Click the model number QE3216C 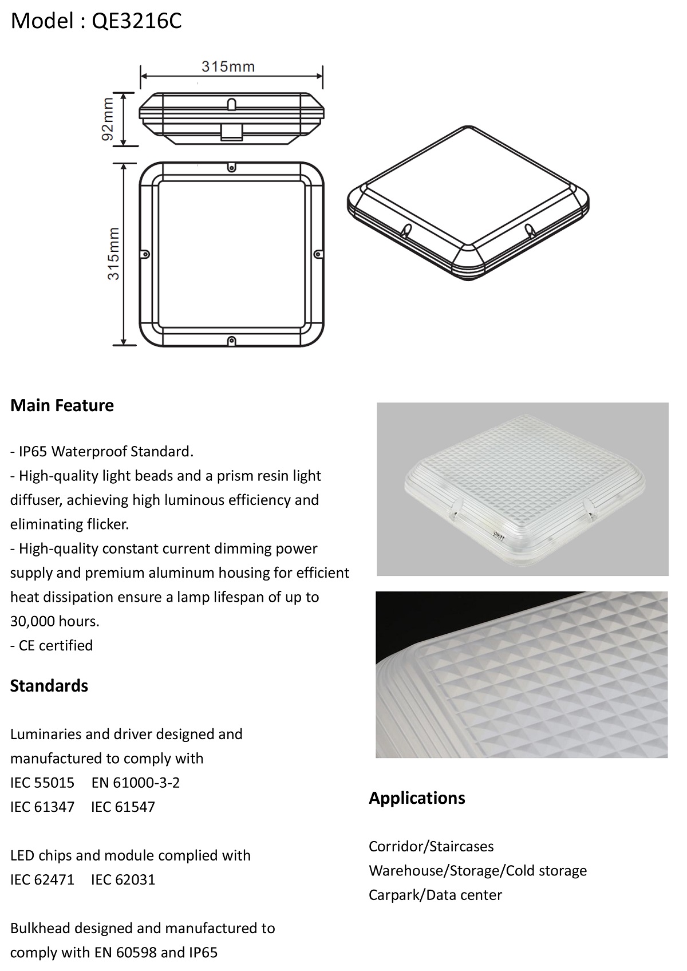point(136,21)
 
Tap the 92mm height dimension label point(106,119)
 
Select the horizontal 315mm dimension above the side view point(228,67)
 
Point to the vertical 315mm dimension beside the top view point(113,254)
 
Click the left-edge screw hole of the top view point(146,254)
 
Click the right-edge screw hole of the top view point(318,254)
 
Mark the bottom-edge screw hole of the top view point(232,340)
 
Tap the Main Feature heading point(62,405)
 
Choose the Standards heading point(49,686)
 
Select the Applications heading point(417,798)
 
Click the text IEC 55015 point(42,783)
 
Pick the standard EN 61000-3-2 point(136,783)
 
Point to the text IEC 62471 point(42,879)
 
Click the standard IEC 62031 point(123,879)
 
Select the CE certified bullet point(52,645)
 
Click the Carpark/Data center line point(436,895)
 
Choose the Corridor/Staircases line point(431,847)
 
